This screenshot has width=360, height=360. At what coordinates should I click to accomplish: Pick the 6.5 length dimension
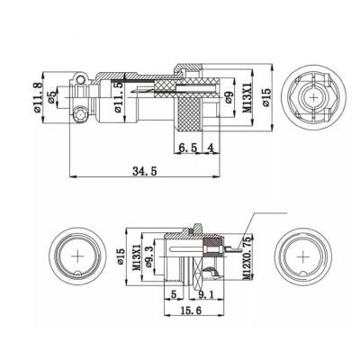pos(186,147)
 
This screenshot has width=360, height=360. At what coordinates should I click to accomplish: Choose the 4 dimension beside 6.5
pos(210,147)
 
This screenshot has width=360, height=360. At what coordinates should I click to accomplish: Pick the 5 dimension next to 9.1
pos(172,292)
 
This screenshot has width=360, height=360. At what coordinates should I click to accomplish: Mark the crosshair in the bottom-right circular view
pos(301,256)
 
